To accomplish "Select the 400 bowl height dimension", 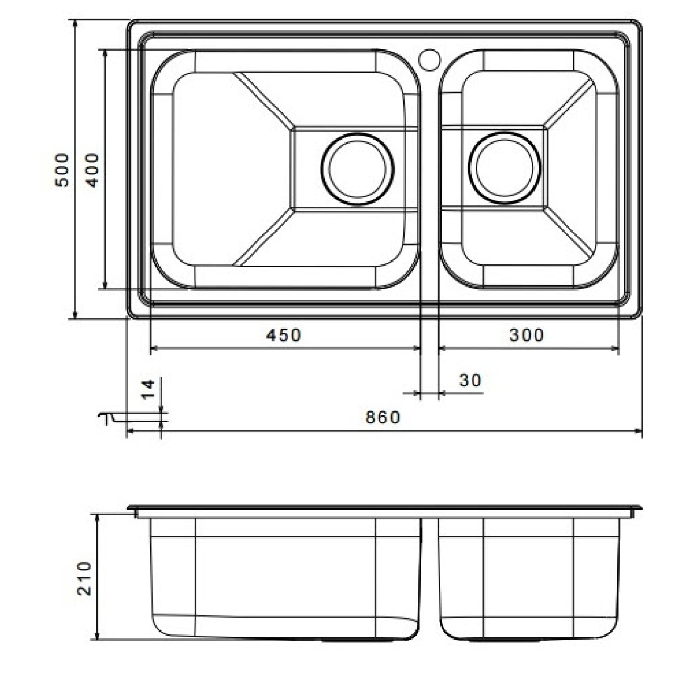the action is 93,170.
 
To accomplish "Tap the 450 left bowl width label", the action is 283,335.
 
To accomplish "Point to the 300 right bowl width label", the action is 527,335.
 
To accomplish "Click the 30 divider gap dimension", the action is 470,380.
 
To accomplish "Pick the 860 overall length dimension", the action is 382,417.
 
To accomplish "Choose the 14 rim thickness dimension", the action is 148,389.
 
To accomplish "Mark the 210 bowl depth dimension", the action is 84,578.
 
